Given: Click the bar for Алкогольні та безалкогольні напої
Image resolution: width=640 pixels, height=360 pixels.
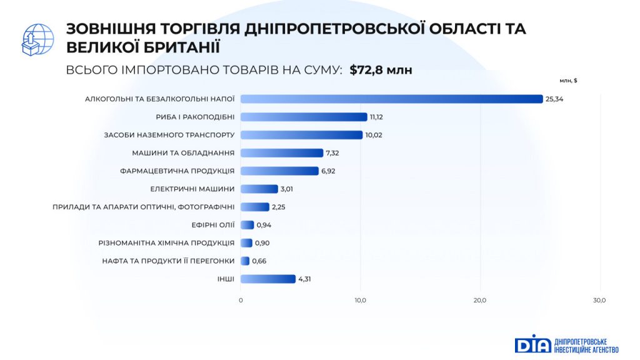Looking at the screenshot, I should point(392,99).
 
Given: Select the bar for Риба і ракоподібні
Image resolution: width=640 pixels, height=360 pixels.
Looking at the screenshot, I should point(304,117).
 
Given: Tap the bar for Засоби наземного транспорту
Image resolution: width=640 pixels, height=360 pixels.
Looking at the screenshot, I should point(301,135).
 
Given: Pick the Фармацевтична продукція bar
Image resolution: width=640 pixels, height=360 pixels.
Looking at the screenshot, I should point(279,171).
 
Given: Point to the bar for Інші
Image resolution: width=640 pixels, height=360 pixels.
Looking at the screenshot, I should point(268,279).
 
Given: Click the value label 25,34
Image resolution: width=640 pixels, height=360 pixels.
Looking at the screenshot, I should point(554,99).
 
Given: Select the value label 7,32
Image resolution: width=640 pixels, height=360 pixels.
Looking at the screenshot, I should point(334,152).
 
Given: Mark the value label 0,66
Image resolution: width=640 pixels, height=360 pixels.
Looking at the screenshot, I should point(259,261).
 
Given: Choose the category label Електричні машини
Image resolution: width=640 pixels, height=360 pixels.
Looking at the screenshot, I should point(192,189).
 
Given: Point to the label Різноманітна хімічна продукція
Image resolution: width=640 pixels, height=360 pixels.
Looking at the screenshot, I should point(167,242).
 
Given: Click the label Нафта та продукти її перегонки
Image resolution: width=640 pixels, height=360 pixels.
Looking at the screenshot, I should point(168,261).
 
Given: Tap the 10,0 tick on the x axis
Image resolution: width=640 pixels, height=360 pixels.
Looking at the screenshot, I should point(361,301).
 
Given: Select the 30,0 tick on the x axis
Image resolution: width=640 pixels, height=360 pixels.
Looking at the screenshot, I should point(599,301).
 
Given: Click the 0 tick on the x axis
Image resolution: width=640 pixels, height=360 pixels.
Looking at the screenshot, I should point(241,301).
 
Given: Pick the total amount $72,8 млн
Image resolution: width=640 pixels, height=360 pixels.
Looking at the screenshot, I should point(381,70).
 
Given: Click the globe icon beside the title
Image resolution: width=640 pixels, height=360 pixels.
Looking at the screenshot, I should point(37,39).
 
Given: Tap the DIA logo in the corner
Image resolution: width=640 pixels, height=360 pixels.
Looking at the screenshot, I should point(532,344).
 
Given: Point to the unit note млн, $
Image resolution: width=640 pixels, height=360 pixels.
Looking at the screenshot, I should point(568,81).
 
